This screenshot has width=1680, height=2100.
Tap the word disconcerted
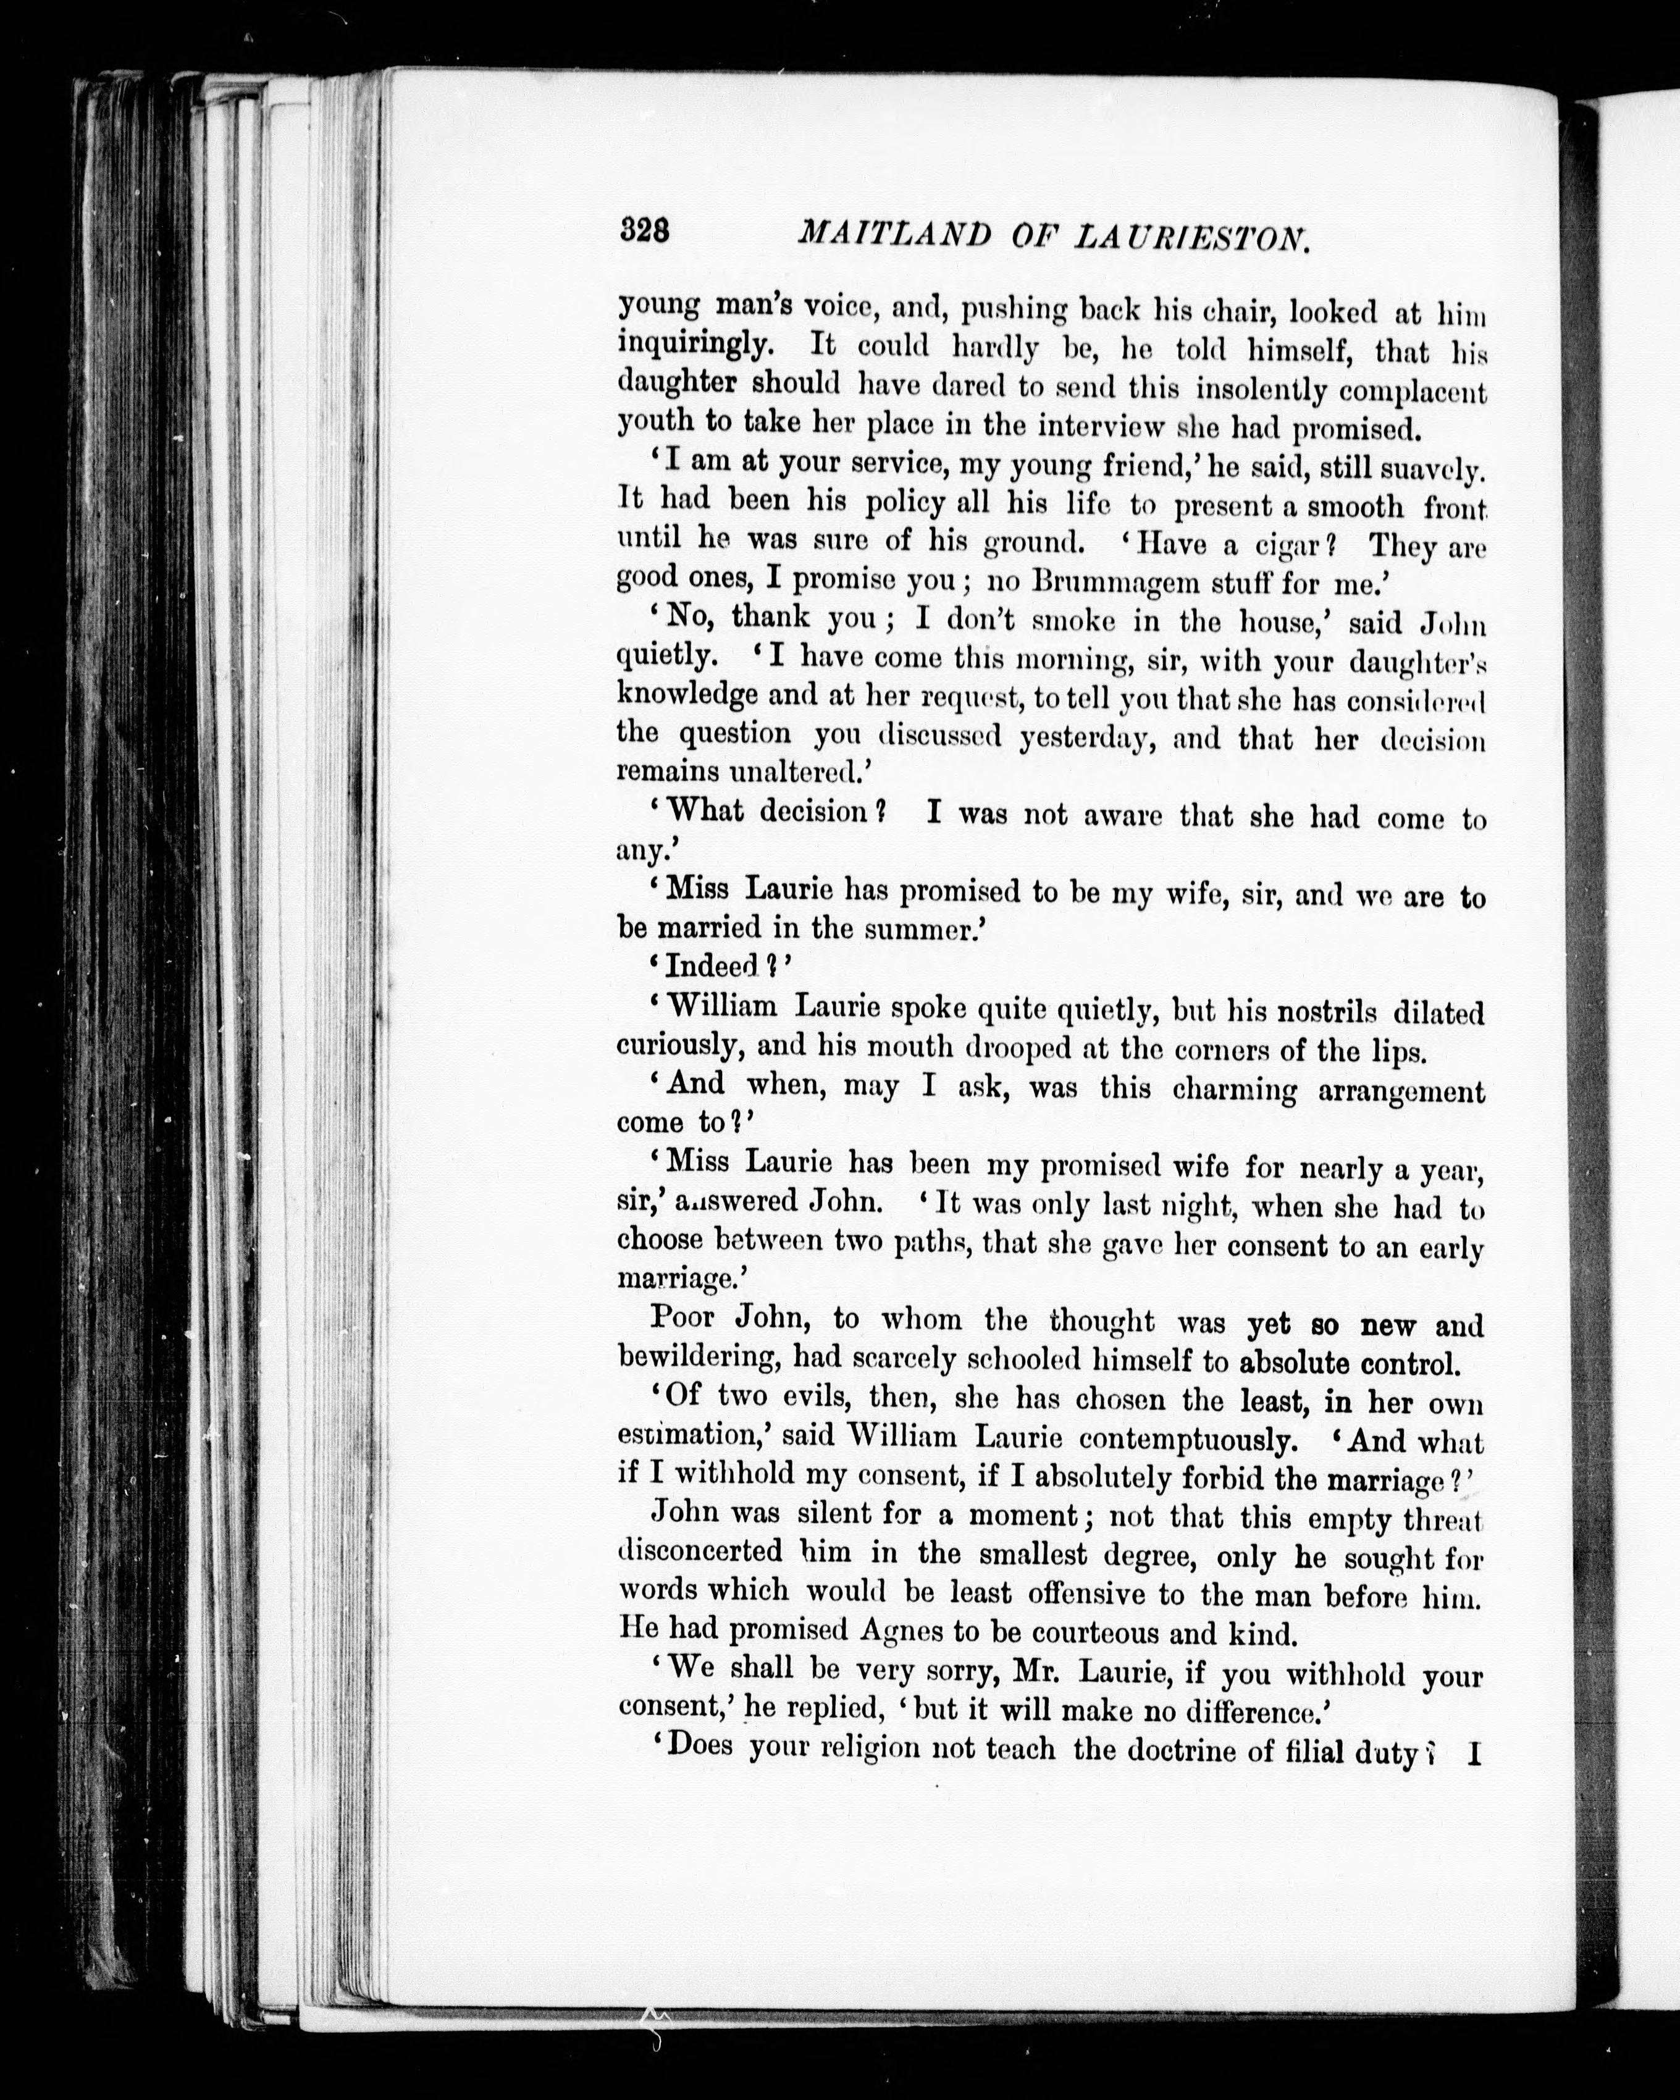point(700,1551)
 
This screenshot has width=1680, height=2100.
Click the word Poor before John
point(682,1318)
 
